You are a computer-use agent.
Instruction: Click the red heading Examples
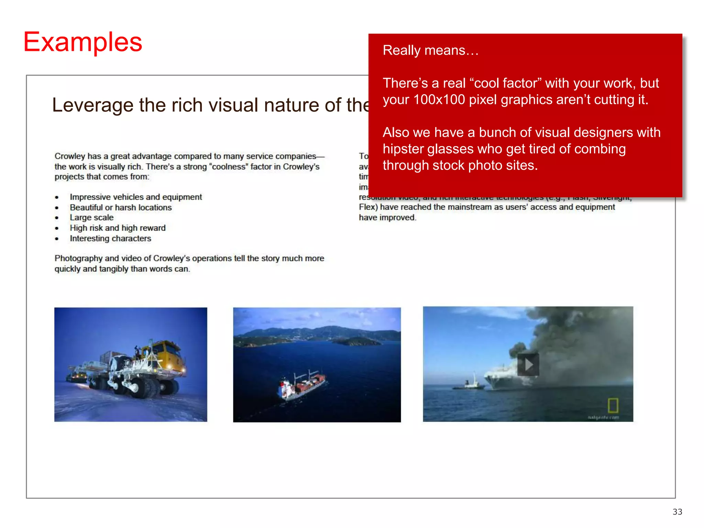pyautogui.click(x=82, y=42)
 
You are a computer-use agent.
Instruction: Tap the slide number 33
pyautogui.click(x=677, y=512)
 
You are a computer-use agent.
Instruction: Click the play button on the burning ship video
pyautogui.click(x=528, y=364)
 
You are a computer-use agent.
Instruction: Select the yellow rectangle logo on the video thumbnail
pyautogui.click(x=613, y=406)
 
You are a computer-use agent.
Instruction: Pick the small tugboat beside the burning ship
pyautogui.click(x=471, y=383)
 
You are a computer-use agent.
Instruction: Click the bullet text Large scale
pyautogui.click(x=91, y=218)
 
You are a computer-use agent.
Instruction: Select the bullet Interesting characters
pyautogui.click(x=110, y=239)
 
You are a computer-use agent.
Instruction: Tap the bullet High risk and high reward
pyautogui.click(x=118, y=228)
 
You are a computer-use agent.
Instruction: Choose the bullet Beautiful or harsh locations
pyautogui.click(x=121, y=208)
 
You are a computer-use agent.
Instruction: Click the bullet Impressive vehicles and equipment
pyautogui.click(x=136, y=197)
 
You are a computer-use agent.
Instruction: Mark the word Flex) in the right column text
pyautogui.click(x=368, y=207)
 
